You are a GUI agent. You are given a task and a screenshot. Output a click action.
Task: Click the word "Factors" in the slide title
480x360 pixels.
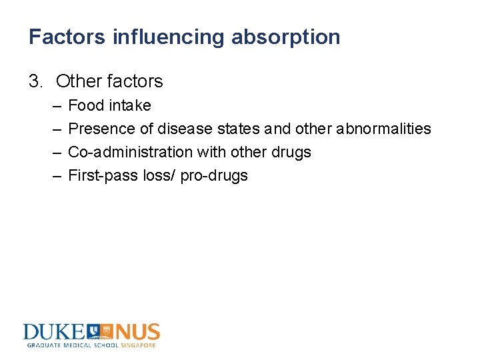click(x=67, y=37)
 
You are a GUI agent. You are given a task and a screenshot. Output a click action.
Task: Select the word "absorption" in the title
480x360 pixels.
click(x=285, y=37)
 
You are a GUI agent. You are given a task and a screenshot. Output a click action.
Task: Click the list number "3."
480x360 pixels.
click(x=36, y=81)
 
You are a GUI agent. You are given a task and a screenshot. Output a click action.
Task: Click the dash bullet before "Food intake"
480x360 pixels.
click(x=53, y=105)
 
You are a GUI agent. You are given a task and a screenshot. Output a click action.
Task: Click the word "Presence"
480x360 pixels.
click(x=100, y=129)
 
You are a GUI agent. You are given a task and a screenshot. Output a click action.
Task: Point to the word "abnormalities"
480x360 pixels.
click(x=383, y=129)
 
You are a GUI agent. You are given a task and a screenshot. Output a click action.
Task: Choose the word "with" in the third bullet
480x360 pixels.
click(x=212, y=152)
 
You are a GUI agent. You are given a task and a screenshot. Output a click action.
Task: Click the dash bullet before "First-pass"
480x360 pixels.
click(x=53, y=175)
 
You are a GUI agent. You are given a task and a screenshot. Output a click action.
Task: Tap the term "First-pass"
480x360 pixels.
click(x=100, y=175)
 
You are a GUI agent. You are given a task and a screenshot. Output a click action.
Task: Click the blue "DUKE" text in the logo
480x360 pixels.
click(x=53, y=332)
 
